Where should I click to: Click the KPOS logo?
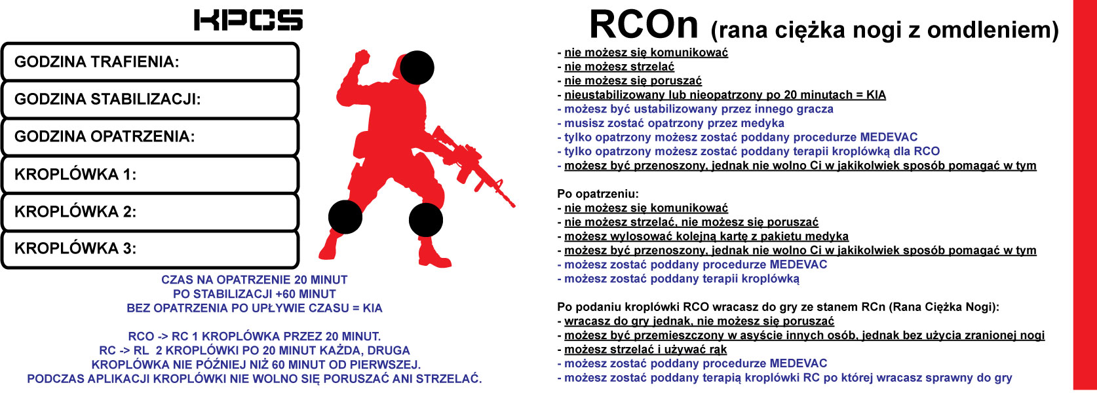click(x=248, y=20)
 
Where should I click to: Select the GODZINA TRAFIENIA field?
click(x=150, y=62)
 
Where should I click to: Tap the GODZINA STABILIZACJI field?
click(x=150, y=100)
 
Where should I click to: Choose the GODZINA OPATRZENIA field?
click(x=150, y=136)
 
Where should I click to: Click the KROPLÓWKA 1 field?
click(x=150, y=174)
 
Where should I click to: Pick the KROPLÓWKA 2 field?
click(x=150, y=211)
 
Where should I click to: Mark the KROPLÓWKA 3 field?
click(x=150, y=249)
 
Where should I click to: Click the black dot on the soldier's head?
click(x=417, y=67)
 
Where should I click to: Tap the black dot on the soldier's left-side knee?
click(x=345, y=217)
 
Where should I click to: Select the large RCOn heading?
click(x=644, y=25)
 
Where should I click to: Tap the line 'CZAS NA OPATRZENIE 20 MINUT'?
click(x=254, y=280)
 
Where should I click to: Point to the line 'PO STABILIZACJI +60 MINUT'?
click(x=254, y=294)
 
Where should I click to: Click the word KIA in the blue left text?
click(x=372, y=308)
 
